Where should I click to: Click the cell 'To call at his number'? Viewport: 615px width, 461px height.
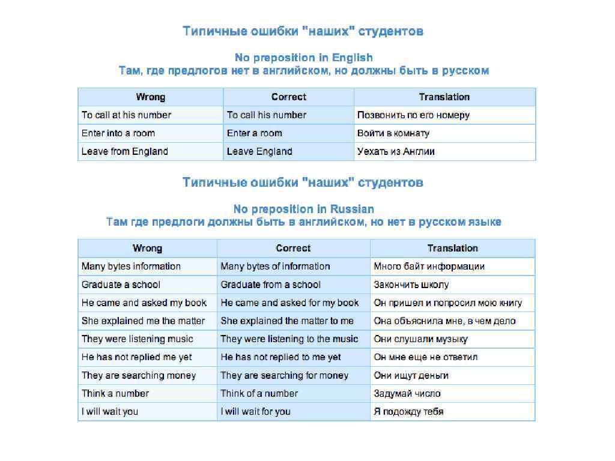click(x=127, y=115)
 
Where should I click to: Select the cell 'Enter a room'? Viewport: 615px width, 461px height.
click(x=254, y=133)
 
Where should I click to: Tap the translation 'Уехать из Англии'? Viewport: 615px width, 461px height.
click(x=396, y=151)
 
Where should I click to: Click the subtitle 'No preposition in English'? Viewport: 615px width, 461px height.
click(x=303, y=58)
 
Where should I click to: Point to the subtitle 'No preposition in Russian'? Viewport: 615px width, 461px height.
click(x=303, y=209)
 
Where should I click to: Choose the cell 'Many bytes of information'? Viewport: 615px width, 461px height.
click(x=275, y=267)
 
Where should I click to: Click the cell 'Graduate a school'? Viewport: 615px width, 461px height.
click(x=121, y=285)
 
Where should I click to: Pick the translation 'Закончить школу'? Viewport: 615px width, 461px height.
click(x=411, y=285)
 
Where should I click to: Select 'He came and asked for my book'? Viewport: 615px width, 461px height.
click(x=289, y=303)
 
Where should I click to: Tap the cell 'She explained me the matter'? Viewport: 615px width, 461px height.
click(x=143, y=321)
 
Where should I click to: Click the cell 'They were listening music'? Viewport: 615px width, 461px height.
click(x=138, y=339)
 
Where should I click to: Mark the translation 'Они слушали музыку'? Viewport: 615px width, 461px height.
click(x=420, y=339)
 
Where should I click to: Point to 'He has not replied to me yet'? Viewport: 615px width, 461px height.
click(x=280, y=357)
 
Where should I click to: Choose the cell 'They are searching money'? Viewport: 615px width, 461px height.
click(x=139, y=375)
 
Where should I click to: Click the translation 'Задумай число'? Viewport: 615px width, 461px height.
click(x=407, y=394)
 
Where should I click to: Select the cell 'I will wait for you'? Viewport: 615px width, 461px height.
click(x=255, y=412)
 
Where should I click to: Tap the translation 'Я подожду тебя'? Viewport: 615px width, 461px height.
click(x=408, y=412)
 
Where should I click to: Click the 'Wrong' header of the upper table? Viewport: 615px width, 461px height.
click(x=150, y=97)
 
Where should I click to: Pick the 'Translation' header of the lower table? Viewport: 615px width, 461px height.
click(x=452, y=249)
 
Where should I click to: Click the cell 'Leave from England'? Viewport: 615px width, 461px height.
click(x=124, y=151)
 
